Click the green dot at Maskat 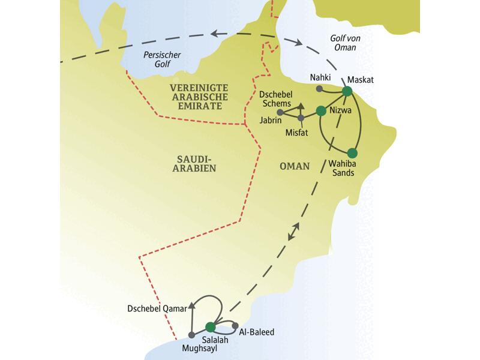(346, 91)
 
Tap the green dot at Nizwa (320, 110)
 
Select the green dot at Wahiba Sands (352, 152)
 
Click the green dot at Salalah (210, 327)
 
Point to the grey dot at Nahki (319, 89)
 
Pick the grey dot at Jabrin (280, 112)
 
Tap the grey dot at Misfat (301, 117)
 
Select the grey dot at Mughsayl (191, 334)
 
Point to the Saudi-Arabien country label (196, 163)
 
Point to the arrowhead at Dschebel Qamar (192, 305)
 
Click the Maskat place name (361, 79)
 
